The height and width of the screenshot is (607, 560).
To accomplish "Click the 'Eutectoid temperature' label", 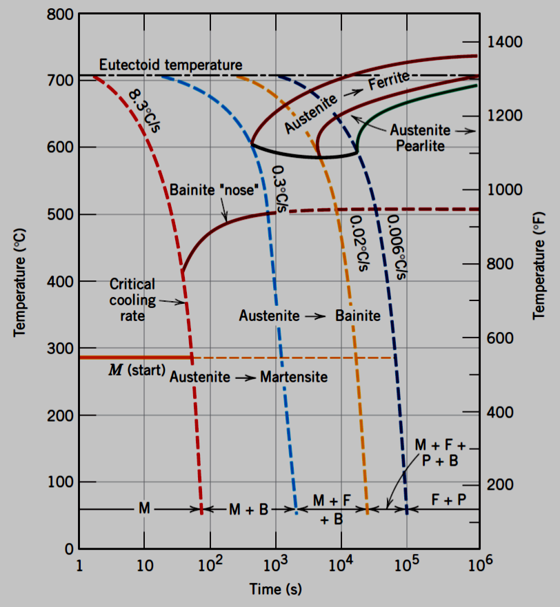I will point(170,65).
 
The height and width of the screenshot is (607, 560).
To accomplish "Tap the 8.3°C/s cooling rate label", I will point(144,112).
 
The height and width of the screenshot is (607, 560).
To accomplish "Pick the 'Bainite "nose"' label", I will point(217,189).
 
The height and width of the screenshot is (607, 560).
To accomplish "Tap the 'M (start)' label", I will point(137,370).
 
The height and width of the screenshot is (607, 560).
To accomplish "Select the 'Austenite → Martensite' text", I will point(248,378).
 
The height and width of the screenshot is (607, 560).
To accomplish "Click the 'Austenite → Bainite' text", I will point(310,316).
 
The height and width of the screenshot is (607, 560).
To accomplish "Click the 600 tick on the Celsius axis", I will point(60,147).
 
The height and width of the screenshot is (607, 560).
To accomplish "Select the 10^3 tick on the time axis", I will point(275,566).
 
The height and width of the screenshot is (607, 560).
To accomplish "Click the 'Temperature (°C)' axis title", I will point(20,279).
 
